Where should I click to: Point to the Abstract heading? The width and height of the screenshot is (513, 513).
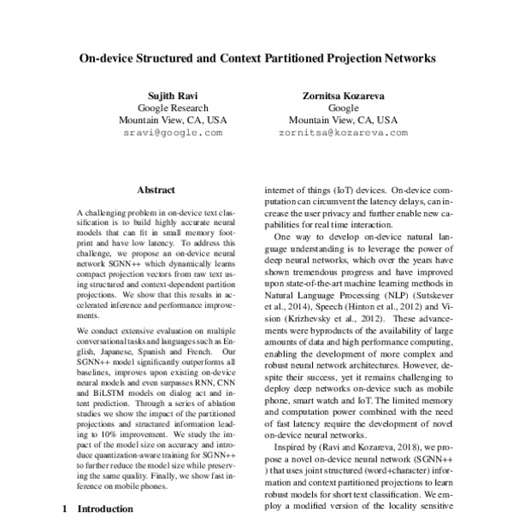pyautogui.click(x=156, y=190)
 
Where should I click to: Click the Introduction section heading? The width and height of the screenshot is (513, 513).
pyautogui.click(x=104, y=507)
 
